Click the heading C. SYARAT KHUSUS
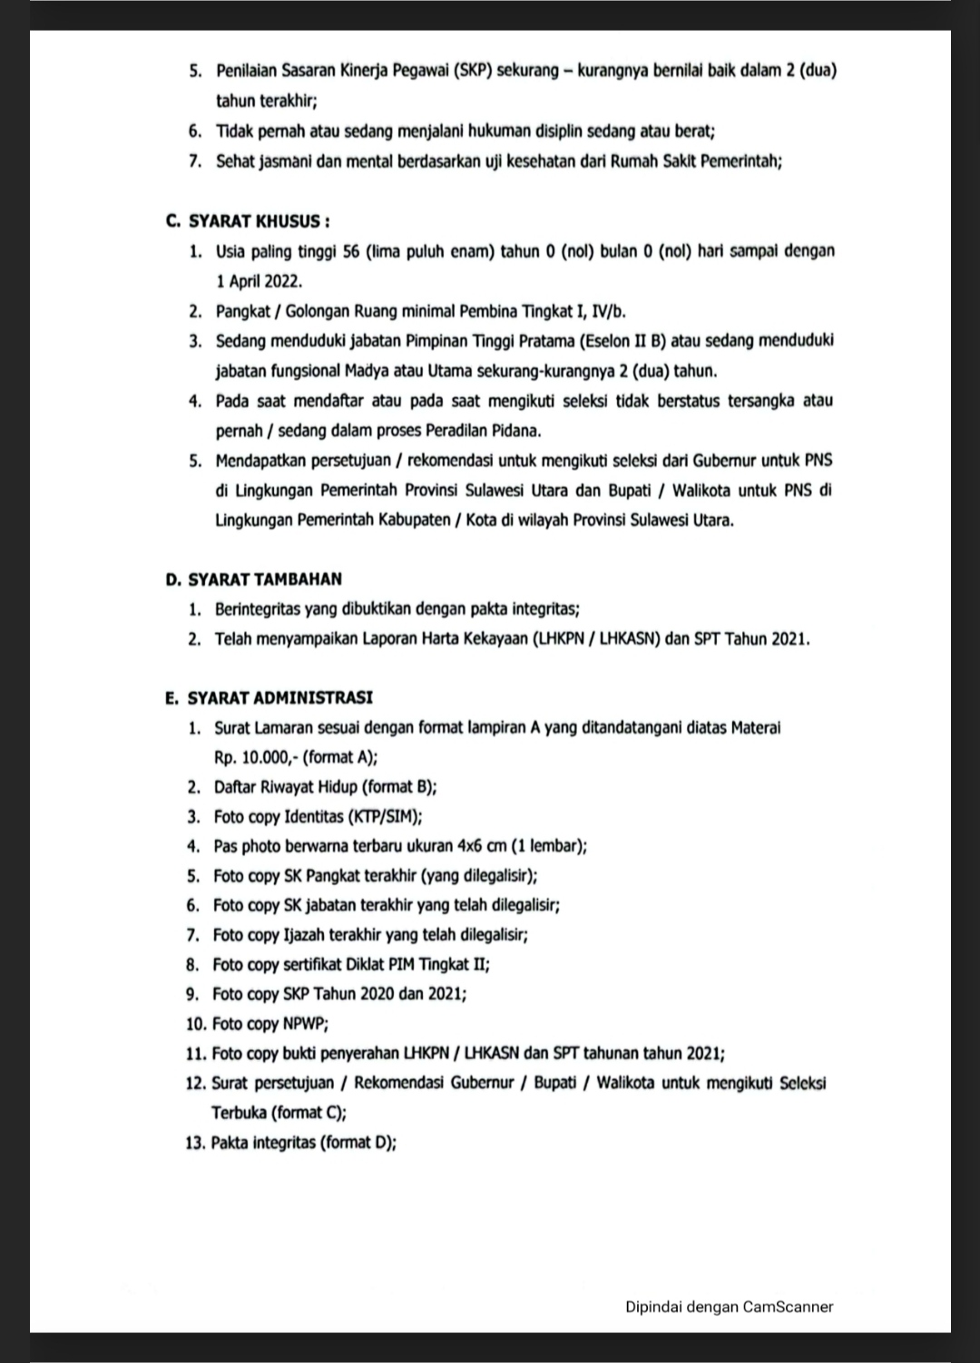pyautogui.click(x=248, y=221)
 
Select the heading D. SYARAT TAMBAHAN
pyautogui.click(x=253, y=579)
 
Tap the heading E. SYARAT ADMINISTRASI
pyautogui.click(x=269, y=698)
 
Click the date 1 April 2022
pyautogui.click(x=259, y=281)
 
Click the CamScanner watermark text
pyautogui.click(x=729, y=1307)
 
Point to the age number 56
pyautogui.click(x=352, y=251)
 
